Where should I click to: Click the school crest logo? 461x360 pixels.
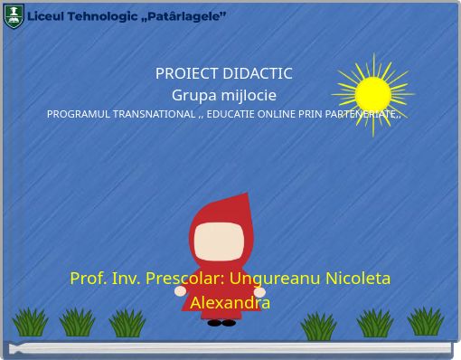(x=14, y=15)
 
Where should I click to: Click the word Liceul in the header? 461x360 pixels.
(x=45, y=16)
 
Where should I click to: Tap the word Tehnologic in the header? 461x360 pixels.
(x=99, y=16)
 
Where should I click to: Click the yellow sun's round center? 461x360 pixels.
(x=372, y=94)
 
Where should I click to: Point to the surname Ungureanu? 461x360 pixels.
(x=276, y=278)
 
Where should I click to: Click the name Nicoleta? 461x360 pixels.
(x=358, y=278)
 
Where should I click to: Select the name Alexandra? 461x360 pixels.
(x=230, y=302)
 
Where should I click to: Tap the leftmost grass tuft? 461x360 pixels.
(x=30, y=322)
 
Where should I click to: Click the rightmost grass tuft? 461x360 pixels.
(x=424, y=321)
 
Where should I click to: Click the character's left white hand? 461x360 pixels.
(x=180, y=291)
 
